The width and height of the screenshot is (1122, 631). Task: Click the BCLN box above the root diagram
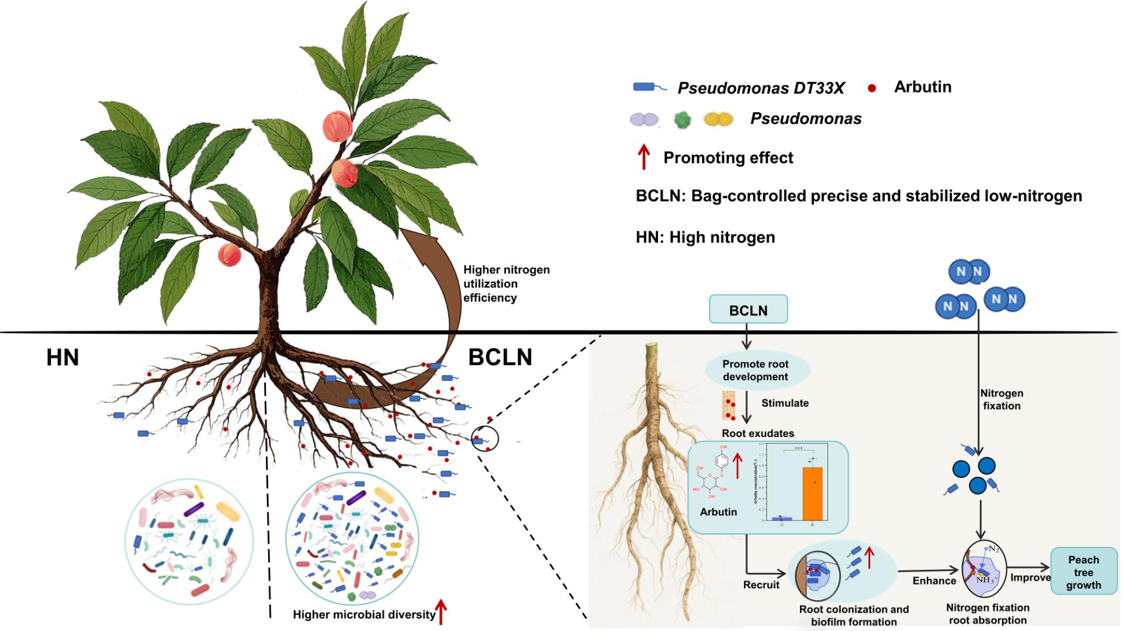[748, 310]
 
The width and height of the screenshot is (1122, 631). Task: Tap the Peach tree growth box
[1083, 572]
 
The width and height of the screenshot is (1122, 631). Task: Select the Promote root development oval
[755, 370]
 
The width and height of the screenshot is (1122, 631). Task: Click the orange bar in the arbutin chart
[812, 493]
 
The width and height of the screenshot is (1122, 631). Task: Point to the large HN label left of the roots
[63, 358]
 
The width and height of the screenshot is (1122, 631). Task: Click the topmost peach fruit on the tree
[337, 126]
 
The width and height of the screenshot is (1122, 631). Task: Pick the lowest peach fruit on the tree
[229, 255]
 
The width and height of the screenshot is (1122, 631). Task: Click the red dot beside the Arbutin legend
[872, 88]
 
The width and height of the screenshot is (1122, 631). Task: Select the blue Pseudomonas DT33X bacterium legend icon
[649, 88]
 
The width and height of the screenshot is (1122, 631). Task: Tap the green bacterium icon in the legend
[682, 120]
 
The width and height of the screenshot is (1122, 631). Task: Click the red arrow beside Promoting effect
[643, 157]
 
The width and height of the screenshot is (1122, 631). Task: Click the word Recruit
[761, 585]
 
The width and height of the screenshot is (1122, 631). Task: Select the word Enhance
[934, 581]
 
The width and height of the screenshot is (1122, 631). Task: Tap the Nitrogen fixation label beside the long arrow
[1001, 400]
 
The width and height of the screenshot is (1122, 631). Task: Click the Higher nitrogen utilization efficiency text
[506, 284]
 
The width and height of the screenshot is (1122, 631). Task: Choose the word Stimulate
[785, 403]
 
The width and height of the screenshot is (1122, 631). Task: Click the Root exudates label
[757, 434]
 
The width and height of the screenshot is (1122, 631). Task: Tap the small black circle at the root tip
[489, 439]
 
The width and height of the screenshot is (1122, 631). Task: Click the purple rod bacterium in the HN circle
[193, 509]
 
